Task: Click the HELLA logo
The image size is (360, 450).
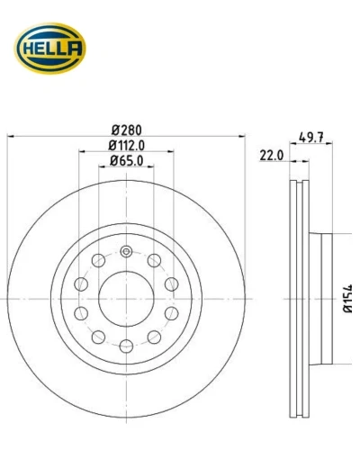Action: [50, 48]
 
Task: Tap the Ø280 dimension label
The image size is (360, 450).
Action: [127, 130]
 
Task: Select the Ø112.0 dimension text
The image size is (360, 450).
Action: [127, 146]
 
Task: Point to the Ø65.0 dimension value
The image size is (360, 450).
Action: [127, 161]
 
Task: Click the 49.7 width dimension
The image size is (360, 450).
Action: [311, 138]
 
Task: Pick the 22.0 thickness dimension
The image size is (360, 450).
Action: [272, 156]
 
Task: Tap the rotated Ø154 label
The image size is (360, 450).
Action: [348, 299]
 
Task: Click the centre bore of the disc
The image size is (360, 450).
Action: [126, 299]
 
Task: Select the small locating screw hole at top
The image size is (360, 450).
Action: [126, 251]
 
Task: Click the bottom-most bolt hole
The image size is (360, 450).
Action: [126, 346]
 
